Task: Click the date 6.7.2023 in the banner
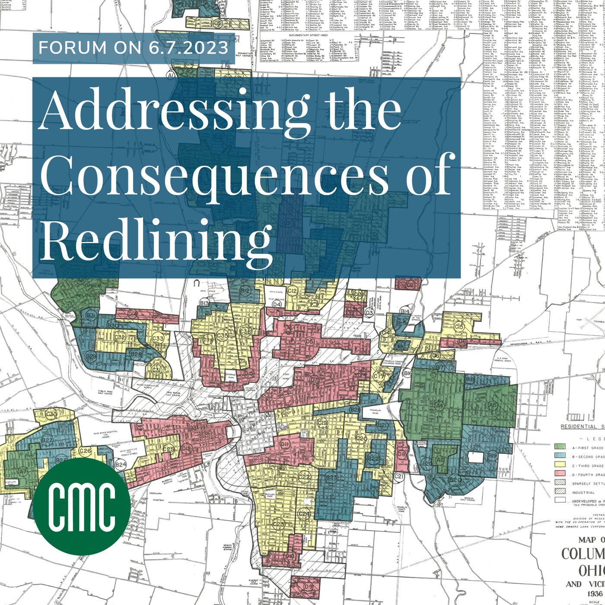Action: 188,48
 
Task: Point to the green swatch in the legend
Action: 560,446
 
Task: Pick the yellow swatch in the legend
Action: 560,465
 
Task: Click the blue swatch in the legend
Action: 560,456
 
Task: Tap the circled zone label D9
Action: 308,586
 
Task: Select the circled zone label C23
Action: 278,524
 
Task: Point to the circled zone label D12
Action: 186,449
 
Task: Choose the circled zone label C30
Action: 51,414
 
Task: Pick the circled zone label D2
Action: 410,285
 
